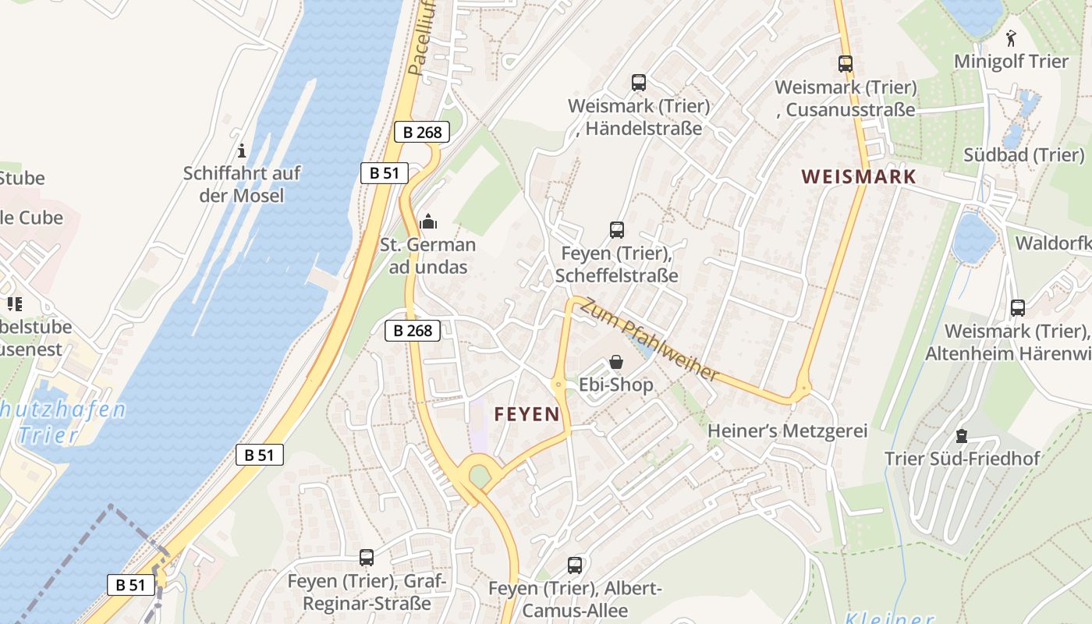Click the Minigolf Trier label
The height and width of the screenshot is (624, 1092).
pyautogui.click(x=1011, y=61)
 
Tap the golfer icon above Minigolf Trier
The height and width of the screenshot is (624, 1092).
pyautogui.click(x=1011, y=37)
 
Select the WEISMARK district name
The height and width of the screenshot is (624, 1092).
pyautogui.click(x=858, y=176)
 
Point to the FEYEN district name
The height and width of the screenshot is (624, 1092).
pyautogui.click(x=526, y=414)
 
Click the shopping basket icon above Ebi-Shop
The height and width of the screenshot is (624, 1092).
pyautogui.click(x=616, y=362)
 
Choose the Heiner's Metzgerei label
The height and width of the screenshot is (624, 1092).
pyautogui.click(x=787, y=431)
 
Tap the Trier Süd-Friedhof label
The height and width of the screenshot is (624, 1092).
pyautogui.click(x=962, y=458)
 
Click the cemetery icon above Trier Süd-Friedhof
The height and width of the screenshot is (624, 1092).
pyautogui.click(x=962, y=435)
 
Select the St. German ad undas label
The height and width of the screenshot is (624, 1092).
pyautogui.click(x=427, y=256)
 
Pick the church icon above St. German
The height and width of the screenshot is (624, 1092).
pyautogui.click(x=427, y=222)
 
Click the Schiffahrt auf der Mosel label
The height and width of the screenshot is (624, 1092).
pyautogui.click(x=242, y=184)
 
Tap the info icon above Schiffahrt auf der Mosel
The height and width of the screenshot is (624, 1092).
pyautogui.click(x=242, y=151)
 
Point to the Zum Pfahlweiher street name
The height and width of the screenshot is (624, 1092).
pyautogui.click(x=649, y=340)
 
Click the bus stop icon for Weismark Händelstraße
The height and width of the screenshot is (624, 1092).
pyautogui.click(x=638, y=82)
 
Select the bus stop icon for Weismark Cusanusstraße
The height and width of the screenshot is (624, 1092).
pyautogui.click(x=846, y=64)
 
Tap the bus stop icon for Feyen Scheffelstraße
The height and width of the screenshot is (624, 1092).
pyautogui.click(x=616, y=230)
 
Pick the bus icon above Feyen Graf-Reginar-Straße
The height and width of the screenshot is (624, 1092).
pyautogui.click(x=367, y=558)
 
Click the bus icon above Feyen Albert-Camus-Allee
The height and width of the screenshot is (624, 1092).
pyautogui.click(x=575, y=565)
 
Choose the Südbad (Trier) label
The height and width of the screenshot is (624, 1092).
pyautogui.click(x=1023, y=154)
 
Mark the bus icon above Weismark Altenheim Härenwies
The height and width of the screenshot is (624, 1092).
pyautogui.click(x=1017, y=308)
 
